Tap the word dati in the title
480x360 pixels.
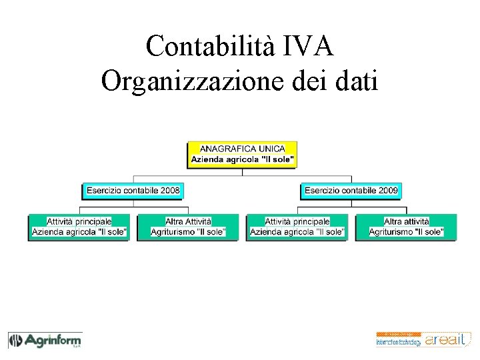[x=355, y=81]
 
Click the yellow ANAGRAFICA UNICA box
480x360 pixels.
[x=242, y=154]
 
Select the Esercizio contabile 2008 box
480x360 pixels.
[x=133, y=191]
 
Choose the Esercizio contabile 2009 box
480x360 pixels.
[x=351, y=191]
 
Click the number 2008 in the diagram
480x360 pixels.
[x=169, y=191]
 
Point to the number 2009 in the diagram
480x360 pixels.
[x=387, y=191]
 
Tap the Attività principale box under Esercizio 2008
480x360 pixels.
[x=79, y=227]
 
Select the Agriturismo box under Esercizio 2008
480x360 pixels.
[x=188, y=227]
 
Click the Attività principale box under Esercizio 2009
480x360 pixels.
[x=297, y=227]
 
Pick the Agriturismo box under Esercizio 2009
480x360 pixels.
[x=406, y=227]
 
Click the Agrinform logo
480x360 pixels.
[x=45, y=341]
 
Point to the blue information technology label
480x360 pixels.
[x=399, y=342]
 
